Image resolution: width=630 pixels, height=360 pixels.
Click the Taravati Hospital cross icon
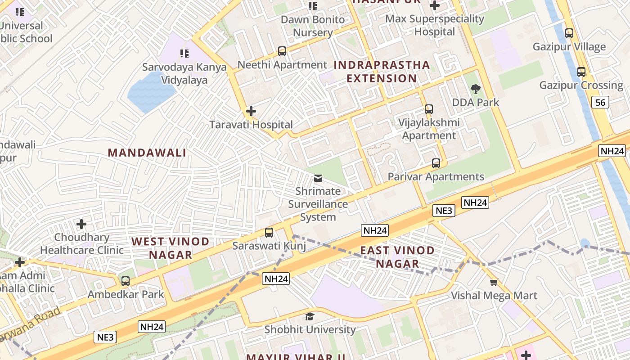[251, 111]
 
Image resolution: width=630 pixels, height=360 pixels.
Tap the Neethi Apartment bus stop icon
[282, 51]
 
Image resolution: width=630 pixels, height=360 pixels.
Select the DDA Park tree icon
[475, 89]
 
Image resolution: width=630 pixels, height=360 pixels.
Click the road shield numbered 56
[600, 102]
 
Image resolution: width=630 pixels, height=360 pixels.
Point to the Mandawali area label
[147, 153]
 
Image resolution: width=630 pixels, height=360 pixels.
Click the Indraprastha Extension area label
[382, 72]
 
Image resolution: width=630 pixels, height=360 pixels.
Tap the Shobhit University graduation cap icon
[310, 316]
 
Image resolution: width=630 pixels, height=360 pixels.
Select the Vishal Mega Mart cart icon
[494, 283]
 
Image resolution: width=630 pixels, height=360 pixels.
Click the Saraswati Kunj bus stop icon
[269, 233]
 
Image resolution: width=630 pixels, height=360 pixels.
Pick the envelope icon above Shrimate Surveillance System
[318, 178]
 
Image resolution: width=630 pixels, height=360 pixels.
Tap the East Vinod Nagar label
[397, 257]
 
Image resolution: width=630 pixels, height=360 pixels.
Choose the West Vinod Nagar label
[171, 248]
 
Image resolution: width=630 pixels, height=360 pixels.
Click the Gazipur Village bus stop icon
[569, 33]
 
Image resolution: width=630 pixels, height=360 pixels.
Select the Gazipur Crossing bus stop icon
[581, 72]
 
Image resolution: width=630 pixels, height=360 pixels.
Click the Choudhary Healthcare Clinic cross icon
[81, 224]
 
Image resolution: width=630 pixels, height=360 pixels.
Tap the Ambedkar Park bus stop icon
[126, 281]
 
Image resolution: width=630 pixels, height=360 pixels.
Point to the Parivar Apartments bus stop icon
[436, 163]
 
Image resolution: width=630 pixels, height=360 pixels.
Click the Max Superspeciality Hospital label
[435, 25]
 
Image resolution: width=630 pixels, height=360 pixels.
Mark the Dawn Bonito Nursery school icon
[313, 6]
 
